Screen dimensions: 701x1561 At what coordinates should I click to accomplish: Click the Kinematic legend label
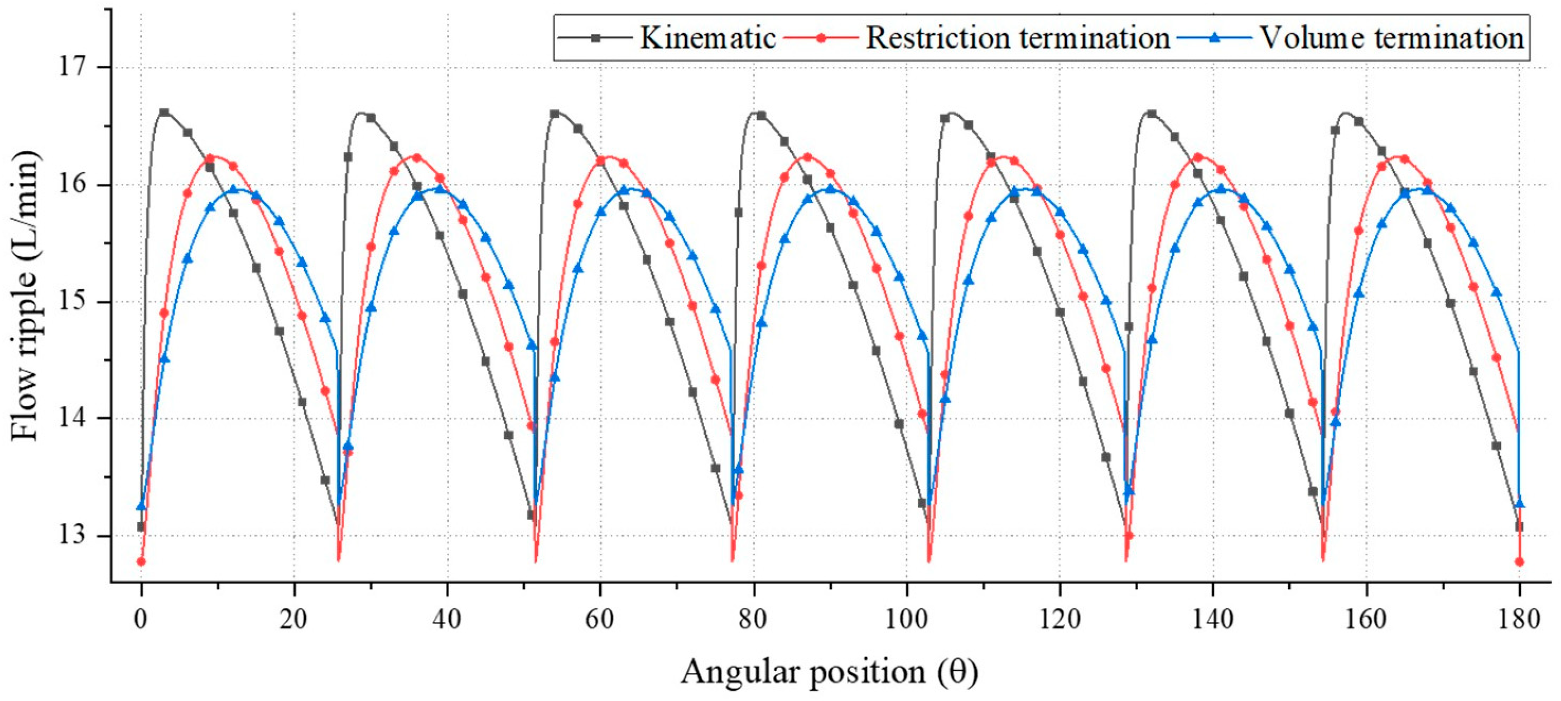(708, 38)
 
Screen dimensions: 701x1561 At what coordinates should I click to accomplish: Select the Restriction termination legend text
(1017, 38)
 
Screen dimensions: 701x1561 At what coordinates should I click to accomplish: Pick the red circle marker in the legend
(821, 38)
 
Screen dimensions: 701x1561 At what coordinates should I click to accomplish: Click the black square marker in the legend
(596, 38)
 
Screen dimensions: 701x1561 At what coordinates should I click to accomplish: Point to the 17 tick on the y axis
(72, 67)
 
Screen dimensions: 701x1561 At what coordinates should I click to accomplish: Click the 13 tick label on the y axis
(72, 536)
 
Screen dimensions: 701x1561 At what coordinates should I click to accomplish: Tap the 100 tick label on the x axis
(907, 619)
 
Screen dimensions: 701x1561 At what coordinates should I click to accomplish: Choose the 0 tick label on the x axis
(141, 619)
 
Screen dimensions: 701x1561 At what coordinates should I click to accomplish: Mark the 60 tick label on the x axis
(601, 619)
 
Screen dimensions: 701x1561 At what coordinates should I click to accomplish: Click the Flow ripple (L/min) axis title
(25, 296)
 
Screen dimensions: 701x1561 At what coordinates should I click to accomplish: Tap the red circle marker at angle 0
(141, 562)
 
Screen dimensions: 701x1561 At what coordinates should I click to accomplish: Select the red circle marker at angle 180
(1519, 562)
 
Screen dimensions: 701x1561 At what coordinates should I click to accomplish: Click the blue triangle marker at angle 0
(141, 506)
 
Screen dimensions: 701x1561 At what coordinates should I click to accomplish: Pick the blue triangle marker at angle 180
(1519, 504)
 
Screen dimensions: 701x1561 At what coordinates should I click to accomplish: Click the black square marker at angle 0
(141, 526)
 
